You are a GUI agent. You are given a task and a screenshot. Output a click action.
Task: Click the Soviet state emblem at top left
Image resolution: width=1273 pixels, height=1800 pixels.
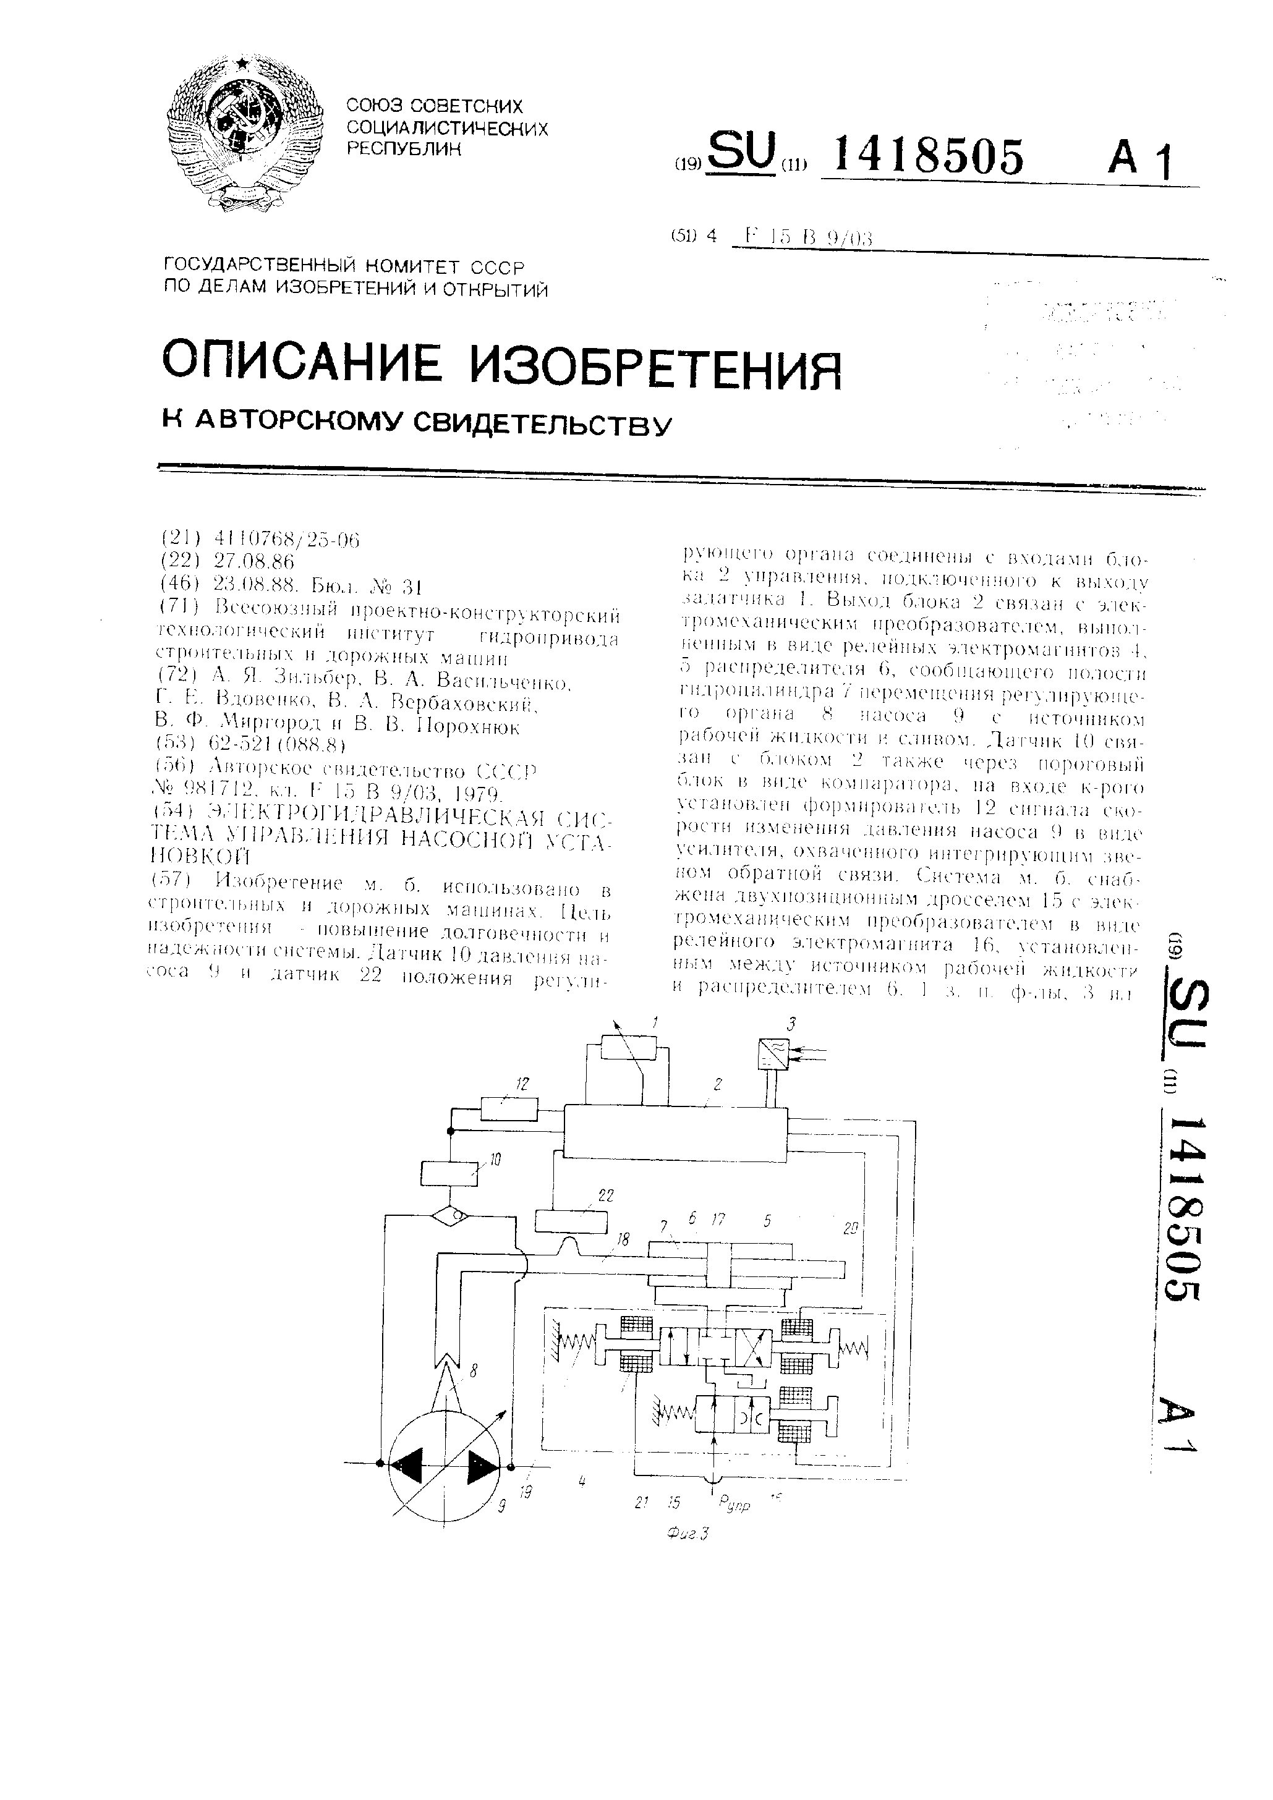(244, 134)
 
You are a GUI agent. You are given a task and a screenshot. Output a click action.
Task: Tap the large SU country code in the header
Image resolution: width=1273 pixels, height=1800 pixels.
(741, 151)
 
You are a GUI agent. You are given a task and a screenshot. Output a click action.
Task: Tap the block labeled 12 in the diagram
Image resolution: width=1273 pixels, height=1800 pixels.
(508, 1110)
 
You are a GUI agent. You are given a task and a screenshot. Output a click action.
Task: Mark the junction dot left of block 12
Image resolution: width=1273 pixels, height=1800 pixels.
(450, 1131)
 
